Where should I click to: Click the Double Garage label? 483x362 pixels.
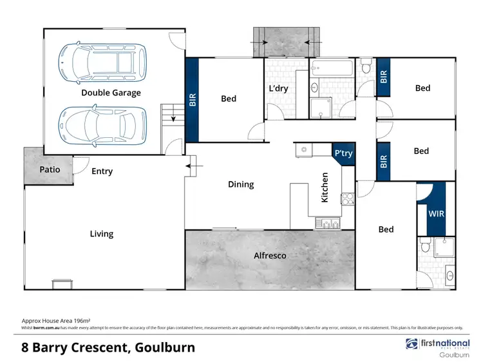click(111, 93)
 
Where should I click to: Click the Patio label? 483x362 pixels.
click(49, 169)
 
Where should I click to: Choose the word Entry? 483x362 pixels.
click(102, 171)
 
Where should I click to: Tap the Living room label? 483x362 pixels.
click(101, 234)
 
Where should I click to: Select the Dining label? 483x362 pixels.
click(241, 184)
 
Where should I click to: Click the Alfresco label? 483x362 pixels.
click(270, 256)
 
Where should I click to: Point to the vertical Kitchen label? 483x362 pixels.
click(325, 187)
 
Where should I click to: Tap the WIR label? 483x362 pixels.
click(436, 213)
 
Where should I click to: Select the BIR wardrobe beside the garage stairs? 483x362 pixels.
click(192, 99)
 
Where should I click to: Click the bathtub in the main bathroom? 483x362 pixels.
click(332, 68)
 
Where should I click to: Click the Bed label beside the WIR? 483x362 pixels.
click(386, 229)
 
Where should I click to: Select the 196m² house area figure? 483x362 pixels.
click(80, 320)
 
